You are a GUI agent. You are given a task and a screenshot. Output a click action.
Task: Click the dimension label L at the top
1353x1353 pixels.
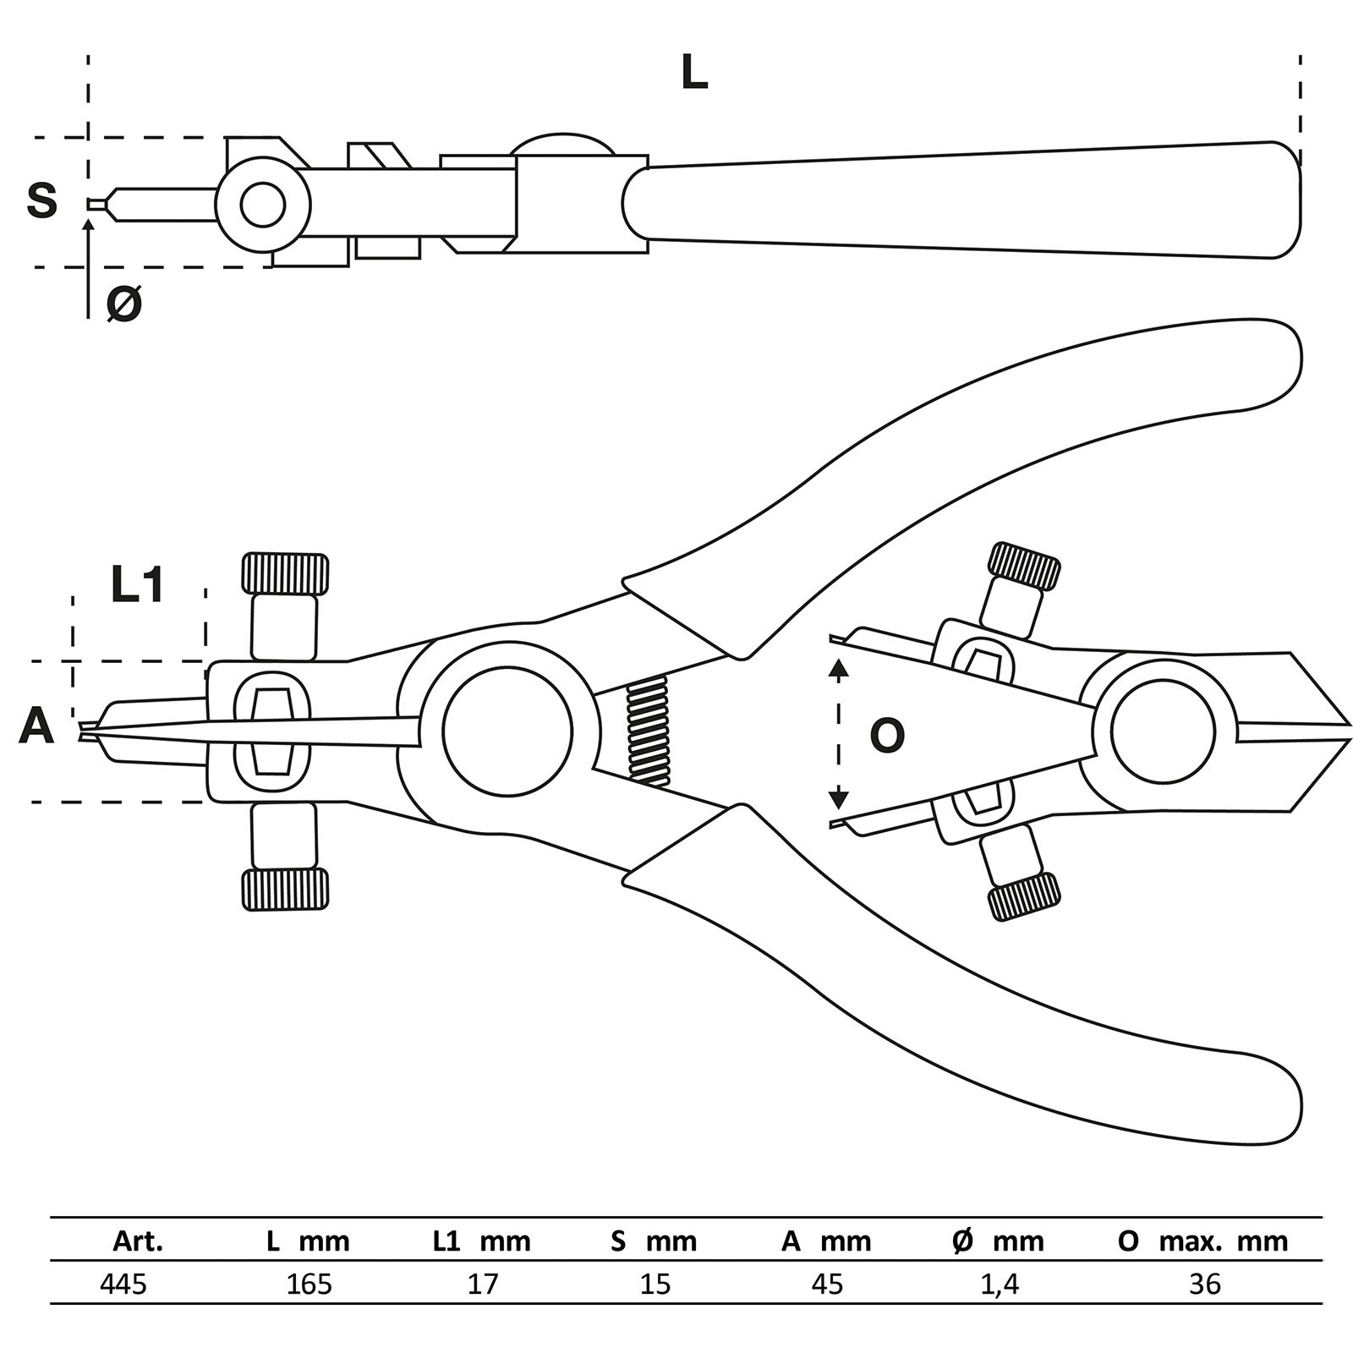pos(694,74)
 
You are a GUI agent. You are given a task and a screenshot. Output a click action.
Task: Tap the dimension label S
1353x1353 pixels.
pos(42,201)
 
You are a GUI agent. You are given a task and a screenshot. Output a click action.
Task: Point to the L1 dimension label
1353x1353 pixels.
pos(138,585)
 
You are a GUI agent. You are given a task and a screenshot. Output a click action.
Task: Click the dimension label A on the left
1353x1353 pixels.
pos(36,726)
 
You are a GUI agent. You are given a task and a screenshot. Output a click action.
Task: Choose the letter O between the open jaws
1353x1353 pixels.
pos(887,736)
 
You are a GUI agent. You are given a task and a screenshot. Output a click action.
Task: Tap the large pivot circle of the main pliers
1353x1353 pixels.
pos(507,731)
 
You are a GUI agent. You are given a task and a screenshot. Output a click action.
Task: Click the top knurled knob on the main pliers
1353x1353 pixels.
pos(285,573)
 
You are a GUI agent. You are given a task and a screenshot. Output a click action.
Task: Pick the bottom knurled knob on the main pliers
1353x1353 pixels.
pos(285,889)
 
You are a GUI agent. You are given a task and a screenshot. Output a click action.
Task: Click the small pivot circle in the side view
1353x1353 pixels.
pos(263,204)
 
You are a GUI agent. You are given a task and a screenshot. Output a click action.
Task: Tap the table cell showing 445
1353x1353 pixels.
pos(123,1285)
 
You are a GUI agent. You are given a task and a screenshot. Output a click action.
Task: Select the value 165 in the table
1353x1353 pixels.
pos(309,1285)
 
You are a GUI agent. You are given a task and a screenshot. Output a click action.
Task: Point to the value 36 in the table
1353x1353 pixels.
pos(1205,1285)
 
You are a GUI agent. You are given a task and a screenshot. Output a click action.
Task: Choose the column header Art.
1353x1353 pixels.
pos(138,1241)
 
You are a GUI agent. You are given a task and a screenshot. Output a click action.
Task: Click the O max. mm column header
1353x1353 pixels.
pos(1202,1241)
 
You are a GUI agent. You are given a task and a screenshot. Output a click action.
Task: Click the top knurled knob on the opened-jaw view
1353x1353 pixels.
pos(1024,566)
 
